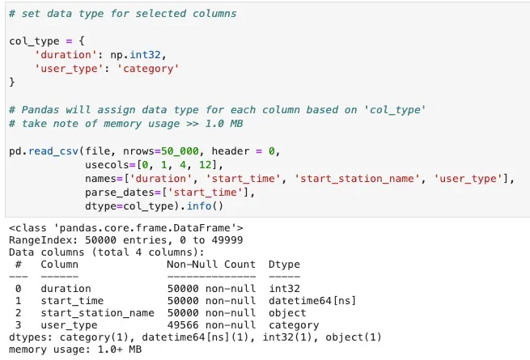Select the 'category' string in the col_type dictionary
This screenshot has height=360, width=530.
click(148, 69)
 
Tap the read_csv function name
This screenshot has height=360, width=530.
click(53, 151)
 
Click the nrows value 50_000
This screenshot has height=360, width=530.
click(180, 151)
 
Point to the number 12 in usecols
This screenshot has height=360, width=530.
click(206, 165)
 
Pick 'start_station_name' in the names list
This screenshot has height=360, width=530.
click(358, 179)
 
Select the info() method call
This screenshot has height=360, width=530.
click(205, 205)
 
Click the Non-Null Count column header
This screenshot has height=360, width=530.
click(211, 264)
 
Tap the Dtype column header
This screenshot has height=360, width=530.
click(284, 265)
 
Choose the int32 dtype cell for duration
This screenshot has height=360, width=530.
click(284, 288)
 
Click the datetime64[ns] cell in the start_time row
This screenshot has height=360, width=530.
click(312, 300)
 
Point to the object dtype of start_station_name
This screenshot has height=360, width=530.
click(287, 313)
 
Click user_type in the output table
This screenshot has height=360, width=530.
click(69, 325)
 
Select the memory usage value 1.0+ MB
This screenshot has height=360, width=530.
click(120, 349)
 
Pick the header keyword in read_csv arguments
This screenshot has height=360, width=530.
click(233, 151)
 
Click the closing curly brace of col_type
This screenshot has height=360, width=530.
click(12, 83)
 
